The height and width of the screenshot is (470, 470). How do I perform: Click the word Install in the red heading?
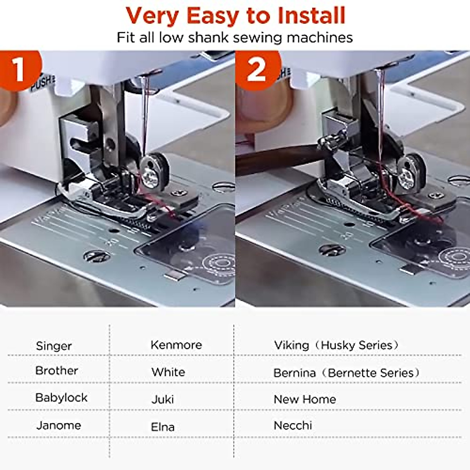point(311,15)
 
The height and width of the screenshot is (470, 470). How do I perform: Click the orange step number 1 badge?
point(19,70)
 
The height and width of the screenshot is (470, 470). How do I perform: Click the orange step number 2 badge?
point(257,70)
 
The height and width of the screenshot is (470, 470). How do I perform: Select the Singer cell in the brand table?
point(54,346)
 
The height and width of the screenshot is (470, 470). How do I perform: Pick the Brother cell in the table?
point(56,371)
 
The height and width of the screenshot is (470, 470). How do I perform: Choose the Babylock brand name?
point(61,398)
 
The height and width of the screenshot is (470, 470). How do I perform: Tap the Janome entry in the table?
point(59,425)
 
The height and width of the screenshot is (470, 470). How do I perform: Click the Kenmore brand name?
point(176,345)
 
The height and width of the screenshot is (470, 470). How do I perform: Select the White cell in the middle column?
point(168,372)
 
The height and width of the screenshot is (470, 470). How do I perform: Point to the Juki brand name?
point(163,399)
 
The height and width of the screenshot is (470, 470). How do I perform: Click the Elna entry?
point(163,427)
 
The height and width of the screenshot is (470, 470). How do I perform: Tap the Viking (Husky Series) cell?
point(336,345)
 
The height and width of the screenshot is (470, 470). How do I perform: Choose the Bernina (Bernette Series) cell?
point(346,373)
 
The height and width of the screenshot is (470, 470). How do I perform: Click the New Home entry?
point(305,399)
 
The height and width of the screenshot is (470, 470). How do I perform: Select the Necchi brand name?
point(293,425)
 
